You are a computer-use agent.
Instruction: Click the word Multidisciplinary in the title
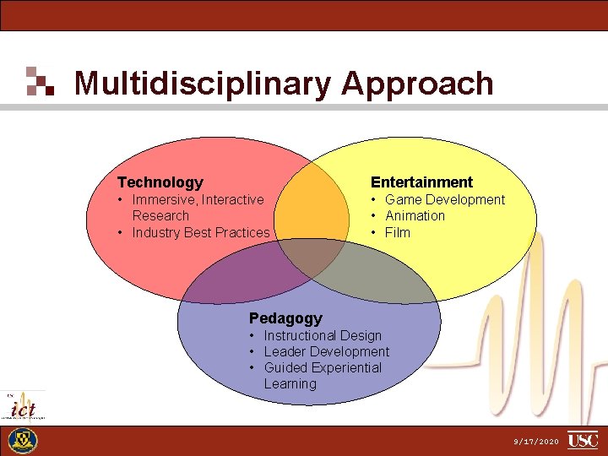tap(203, 84)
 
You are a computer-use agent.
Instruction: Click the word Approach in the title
tap(417, 84)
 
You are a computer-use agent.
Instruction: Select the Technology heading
tap(160, 182)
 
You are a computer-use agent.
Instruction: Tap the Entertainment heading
tap(422, 182)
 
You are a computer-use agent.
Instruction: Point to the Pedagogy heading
tap(285, 318)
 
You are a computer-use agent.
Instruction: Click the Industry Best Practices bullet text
tap(201, 232)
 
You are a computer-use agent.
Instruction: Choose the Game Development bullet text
tap(445, 200)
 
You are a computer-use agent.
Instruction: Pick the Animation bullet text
tap(415, 216)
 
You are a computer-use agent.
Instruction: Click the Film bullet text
tap(398, 232)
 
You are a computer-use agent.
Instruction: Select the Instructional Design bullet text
tap(323, 335)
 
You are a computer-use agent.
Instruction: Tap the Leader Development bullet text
tap(327, 351)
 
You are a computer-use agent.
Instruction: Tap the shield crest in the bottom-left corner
tap(23, 441)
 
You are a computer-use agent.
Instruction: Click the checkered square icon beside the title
tap(40, 81)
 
